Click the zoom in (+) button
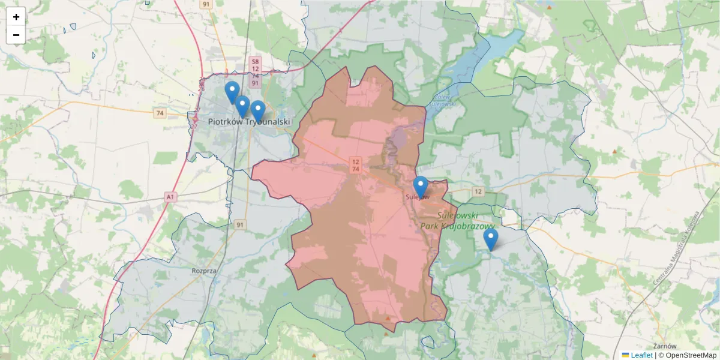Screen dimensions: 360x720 click(16, 17)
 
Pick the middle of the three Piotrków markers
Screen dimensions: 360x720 click(242, 106)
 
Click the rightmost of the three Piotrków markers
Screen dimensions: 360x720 click(258, 110)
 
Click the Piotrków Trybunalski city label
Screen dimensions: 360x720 click(249, 122)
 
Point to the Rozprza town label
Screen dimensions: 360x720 click(203, 271)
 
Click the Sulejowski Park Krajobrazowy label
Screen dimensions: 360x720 click(457, 220)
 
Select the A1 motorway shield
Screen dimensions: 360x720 click(171, 196)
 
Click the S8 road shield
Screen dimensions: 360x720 click(255, 61)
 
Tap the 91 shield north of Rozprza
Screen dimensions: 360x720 click(241, 225)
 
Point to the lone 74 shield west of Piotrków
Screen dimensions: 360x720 click(159, 113)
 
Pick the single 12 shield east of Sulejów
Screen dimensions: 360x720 click(478, 191)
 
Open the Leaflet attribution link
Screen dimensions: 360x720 click(641, 355)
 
